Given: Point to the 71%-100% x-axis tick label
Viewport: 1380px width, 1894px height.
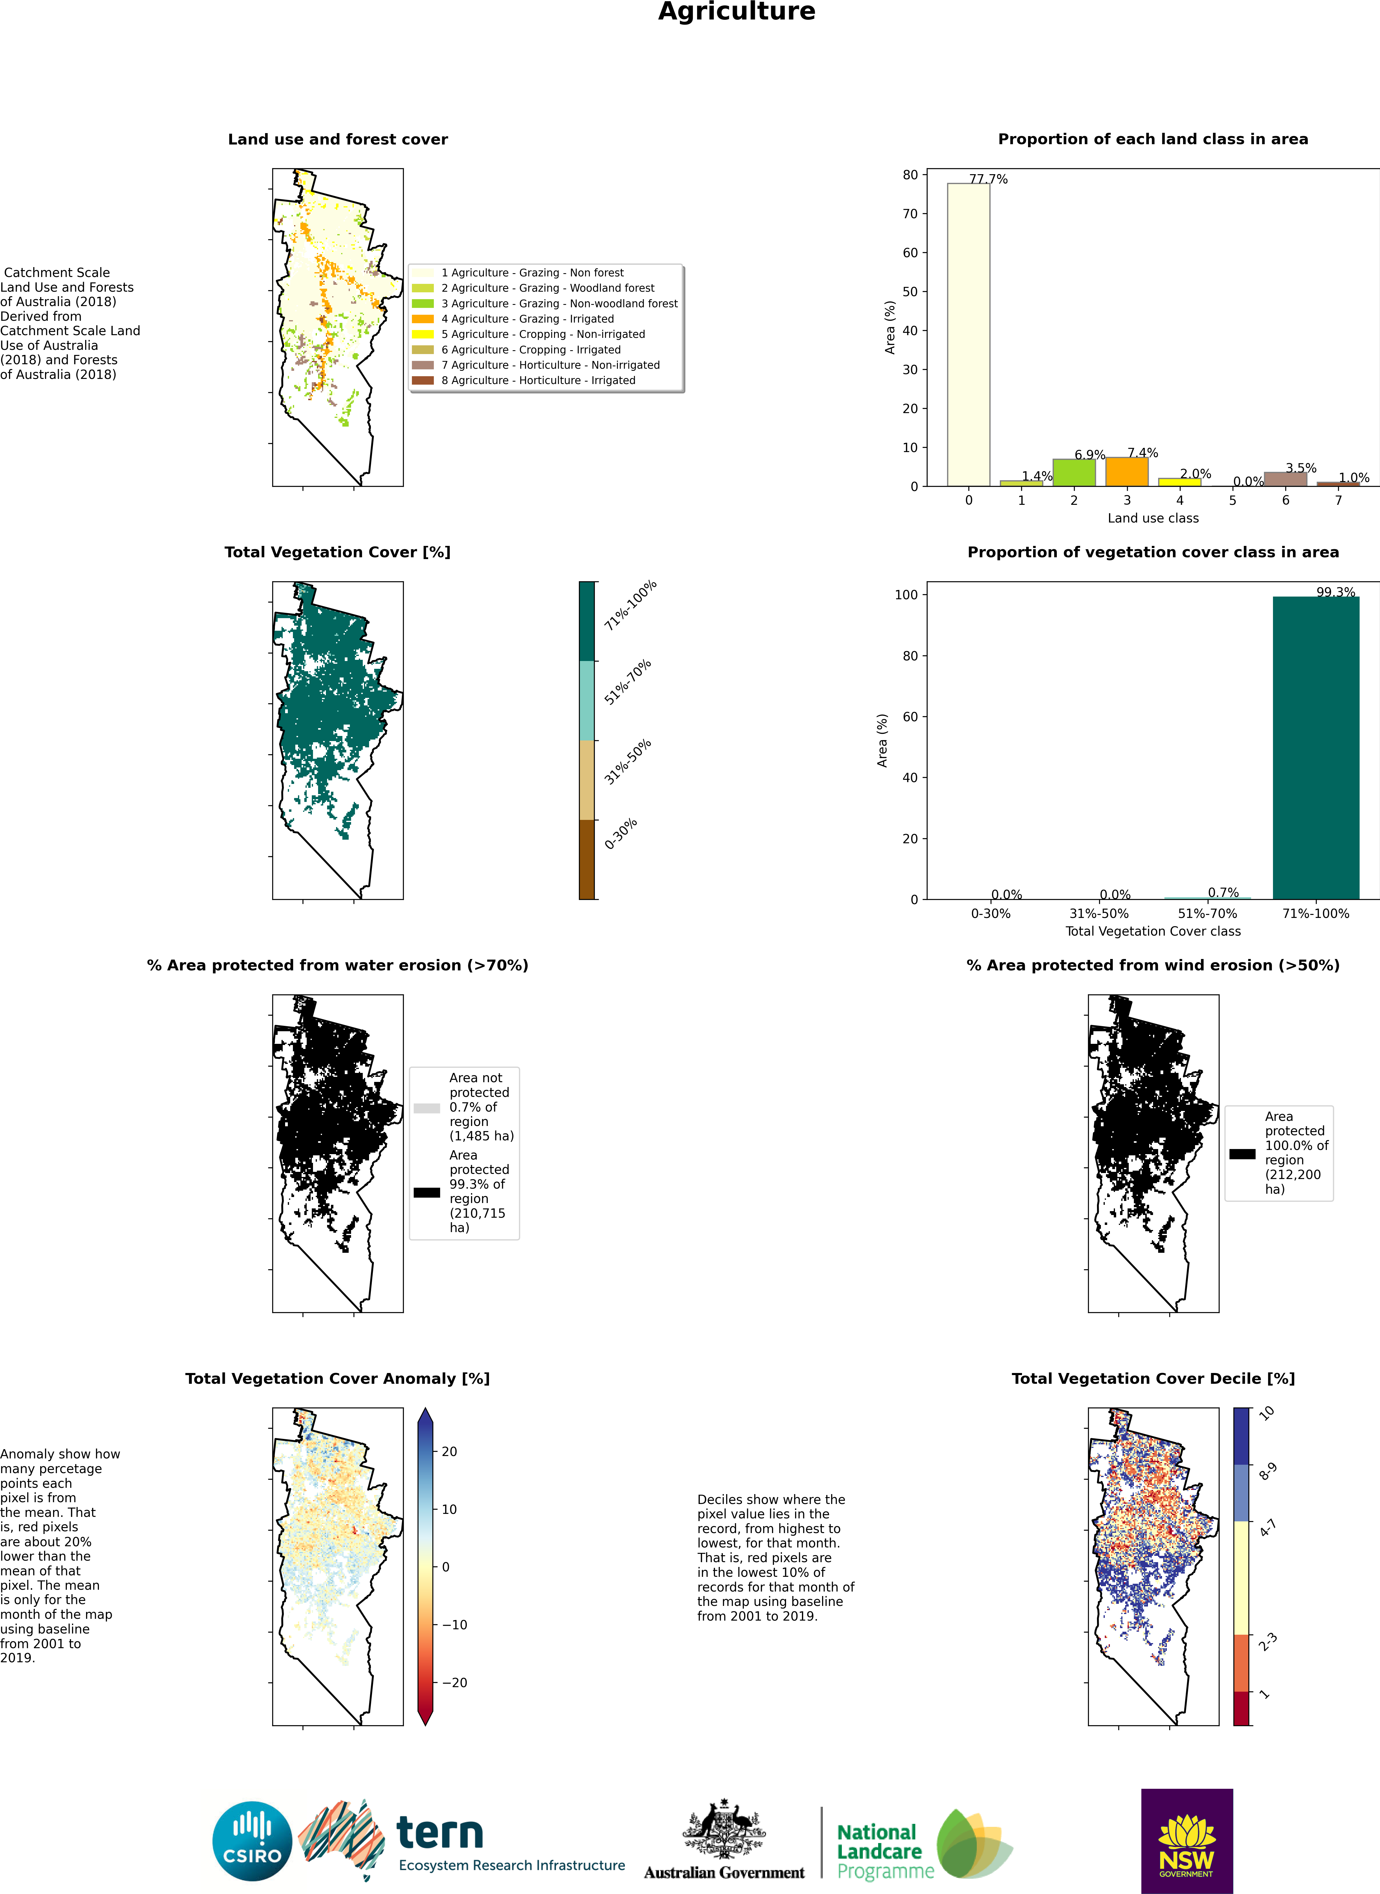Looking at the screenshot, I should [x=1316, y=914].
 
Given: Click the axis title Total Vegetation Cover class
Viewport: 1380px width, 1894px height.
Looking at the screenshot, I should [x=1153, y=931].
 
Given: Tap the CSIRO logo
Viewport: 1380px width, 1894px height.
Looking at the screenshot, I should [x=252, y=1841].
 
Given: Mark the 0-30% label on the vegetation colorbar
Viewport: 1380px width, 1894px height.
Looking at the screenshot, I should [x=621, y=833].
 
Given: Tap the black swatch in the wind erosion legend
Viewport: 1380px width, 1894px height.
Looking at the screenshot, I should [x=1242, y=1154].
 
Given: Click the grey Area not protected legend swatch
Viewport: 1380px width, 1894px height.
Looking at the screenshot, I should [x=427, y=1108].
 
